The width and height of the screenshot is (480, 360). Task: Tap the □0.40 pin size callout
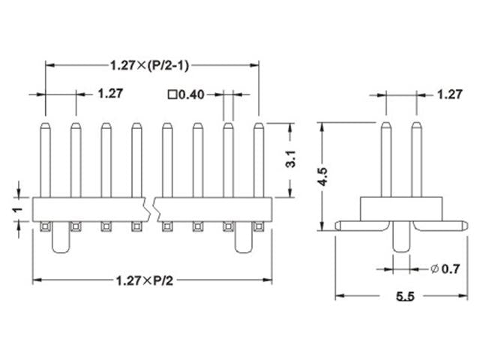click(184, 94)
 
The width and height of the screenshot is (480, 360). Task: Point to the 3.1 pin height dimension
click(293, 160)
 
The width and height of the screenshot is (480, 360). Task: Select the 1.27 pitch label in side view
click(448, 94)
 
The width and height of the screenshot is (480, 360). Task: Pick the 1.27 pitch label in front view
click(110, 94)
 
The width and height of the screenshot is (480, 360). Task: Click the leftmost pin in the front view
click(45, 159)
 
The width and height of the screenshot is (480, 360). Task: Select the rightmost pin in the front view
click(258, 159)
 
